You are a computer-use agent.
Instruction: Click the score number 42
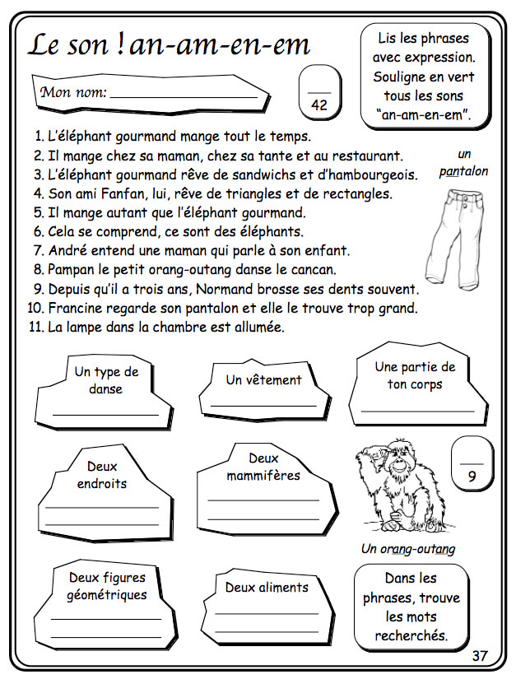click(x=319, y=105)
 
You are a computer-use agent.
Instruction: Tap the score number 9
click(x=472, y=476)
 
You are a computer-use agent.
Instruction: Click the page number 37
click(x=480, y=655)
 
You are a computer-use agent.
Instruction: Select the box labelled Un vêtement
click(x=263, y=380)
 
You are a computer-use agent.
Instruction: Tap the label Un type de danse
click(x=106, y=380)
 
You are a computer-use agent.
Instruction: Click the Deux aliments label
click(x=267, y=588)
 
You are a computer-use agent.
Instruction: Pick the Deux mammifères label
click(x=263, y=467)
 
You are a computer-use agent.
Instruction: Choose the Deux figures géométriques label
click(x=107, y=586)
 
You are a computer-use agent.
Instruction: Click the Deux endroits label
click(x=102, y=475)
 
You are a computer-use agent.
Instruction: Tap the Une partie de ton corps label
click(x=415, y=375)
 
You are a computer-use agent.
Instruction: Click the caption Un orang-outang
click(x=408, y=549)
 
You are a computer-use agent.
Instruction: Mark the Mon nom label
click(x=73, y=92)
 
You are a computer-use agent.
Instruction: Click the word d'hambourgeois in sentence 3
click(x=370, y=175)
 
